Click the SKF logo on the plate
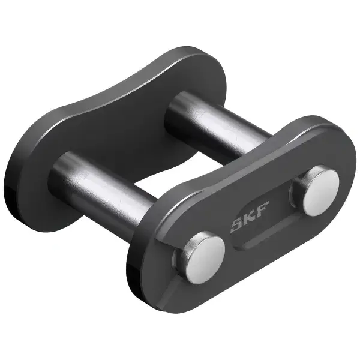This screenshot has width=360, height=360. tap(250, 217)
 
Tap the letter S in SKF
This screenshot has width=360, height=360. tap(237, 226)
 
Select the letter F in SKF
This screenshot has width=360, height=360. tap(262, 207)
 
